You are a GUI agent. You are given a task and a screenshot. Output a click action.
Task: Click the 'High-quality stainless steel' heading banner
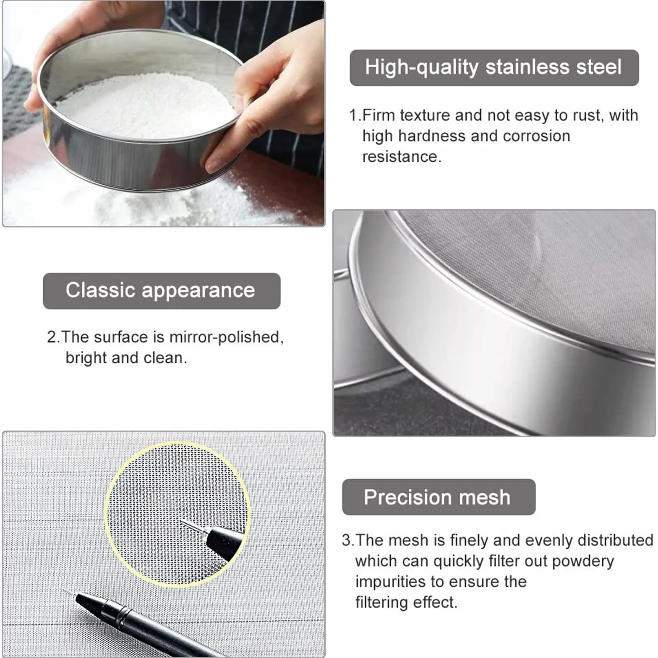(x=494, y=68)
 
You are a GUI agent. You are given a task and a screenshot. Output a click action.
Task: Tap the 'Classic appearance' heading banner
(x=162, y=291)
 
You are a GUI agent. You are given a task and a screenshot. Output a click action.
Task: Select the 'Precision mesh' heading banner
(x=439, y=497)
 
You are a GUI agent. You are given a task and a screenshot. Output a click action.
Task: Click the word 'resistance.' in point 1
(x=402, y=157)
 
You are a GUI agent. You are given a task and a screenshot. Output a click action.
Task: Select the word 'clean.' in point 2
(x=165, y=358)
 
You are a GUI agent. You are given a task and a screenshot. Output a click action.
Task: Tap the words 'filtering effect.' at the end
(x=406, y=603)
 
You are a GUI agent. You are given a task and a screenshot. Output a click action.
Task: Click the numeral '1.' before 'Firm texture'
(x=355, y=115)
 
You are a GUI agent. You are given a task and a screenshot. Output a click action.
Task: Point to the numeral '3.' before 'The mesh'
(x=348, y=540)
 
